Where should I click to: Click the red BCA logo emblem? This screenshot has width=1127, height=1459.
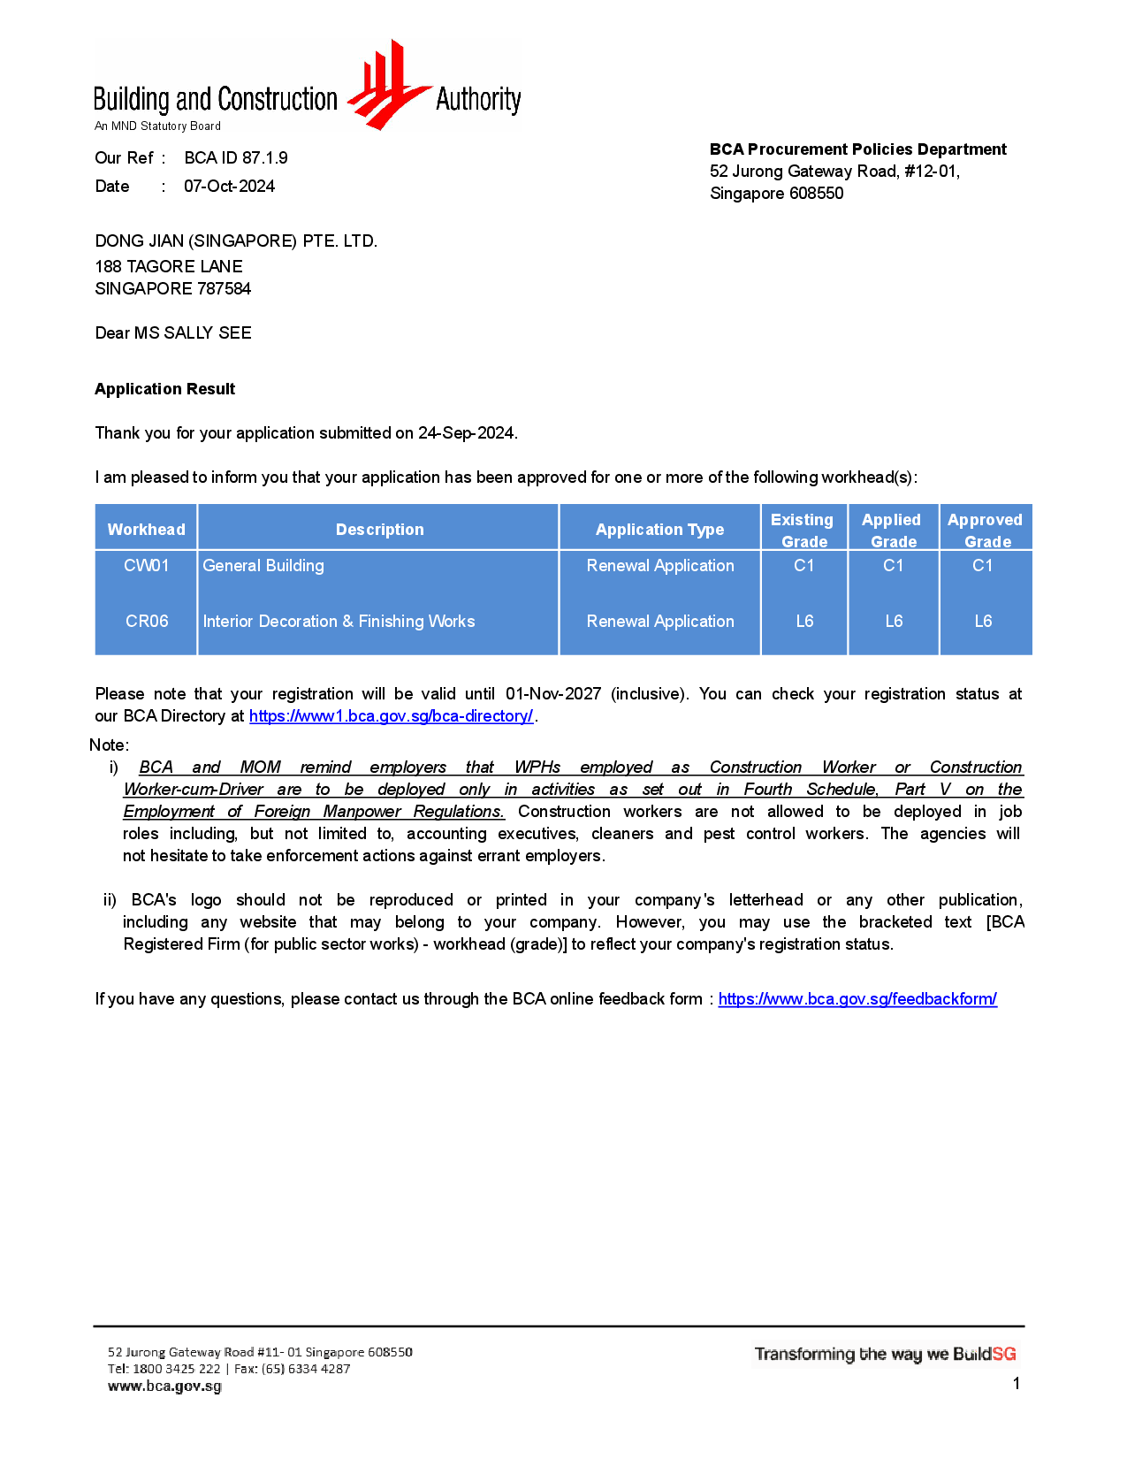pyautogui.click(x=385, y=87)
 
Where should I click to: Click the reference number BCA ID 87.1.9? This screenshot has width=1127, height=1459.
pyautogui.click(x=236, y=158)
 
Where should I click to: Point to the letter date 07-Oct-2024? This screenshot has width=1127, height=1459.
pyautogui.click(x=229, y=187)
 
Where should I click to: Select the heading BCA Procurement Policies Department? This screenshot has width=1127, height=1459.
pyautogui.click(x=857, y=149)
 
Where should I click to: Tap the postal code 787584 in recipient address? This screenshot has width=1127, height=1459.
pyautogui.click(x=224, y=289)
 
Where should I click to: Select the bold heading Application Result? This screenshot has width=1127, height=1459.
pyautogui.click(x=165, y=389)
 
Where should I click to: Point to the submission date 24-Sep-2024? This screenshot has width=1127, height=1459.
pyautogui.click(x=467, y=433)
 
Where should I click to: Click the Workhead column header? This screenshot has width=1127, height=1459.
pyautogui.click(x=147, y=530)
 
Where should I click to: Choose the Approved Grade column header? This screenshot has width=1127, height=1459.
pyautogui.click(x=985, y=530)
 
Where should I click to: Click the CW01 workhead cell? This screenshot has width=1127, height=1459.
pyautogui.click(x=147, y=566)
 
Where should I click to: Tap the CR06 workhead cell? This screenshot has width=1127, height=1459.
pyautogui.click(x=147, y=622)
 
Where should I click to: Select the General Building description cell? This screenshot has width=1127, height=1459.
pyautogui.click(x=263, y=566)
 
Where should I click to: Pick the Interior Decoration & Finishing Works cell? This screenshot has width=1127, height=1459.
pyautogui.click(x=339, y=622)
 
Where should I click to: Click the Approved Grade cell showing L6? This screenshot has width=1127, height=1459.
pyautogui.click(x=983, y=622)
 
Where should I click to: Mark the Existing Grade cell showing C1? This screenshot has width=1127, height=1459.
pyautogui.click(x=803, y=566)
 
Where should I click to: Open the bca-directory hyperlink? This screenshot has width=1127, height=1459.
pyautogui.click(x=391, y=716)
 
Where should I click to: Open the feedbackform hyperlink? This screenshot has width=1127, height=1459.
pyautogui.click(x=857, y=999)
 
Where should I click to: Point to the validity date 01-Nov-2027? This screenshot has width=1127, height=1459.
pyautogui.click(x=553, y=694)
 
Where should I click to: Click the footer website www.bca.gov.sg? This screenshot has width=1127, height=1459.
pyautogui.click(x=164, y=1386)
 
